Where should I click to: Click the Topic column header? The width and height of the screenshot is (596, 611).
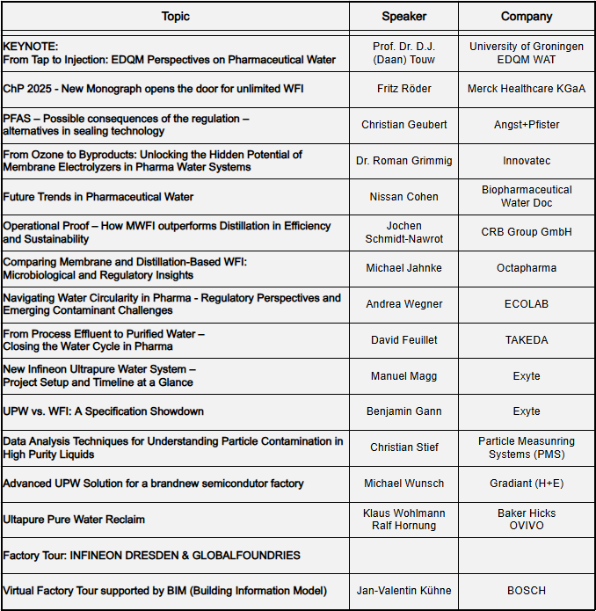coord(175,16)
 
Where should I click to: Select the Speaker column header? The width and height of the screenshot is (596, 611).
coord(403,16)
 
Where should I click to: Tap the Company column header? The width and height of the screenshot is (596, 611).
coord(526,16)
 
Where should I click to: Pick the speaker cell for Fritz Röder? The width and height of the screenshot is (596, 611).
coord(403,89)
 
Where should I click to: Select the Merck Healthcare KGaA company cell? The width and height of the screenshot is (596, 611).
coord(526,89)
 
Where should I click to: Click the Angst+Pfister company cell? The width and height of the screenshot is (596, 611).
coord(526,125)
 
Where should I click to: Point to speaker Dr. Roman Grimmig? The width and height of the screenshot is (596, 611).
coord(403,161)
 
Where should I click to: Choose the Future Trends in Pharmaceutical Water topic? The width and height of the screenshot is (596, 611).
coord(98,197)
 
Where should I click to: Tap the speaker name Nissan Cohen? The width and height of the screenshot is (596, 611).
coord(403,197)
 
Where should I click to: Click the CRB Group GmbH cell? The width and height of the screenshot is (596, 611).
coord(526,232)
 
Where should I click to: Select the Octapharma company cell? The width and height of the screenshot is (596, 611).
coord(526,268)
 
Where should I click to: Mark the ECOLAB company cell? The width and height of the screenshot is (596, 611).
coord(526,304)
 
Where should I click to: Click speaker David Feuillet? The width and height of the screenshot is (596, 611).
coord(403,340)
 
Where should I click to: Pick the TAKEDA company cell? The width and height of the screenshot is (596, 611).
coord(526,340)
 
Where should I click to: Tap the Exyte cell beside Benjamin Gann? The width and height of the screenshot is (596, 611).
coord(526,411)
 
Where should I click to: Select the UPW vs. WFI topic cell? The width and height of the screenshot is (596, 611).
coord(104,411)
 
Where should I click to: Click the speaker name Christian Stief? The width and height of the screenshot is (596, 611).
coord(403,447)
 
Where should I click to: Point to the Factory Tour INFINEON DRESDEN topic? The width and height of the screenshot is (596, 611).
coord(151,556)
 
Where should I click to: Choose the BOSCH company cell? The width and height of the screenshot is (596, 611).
coord(526,591)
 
